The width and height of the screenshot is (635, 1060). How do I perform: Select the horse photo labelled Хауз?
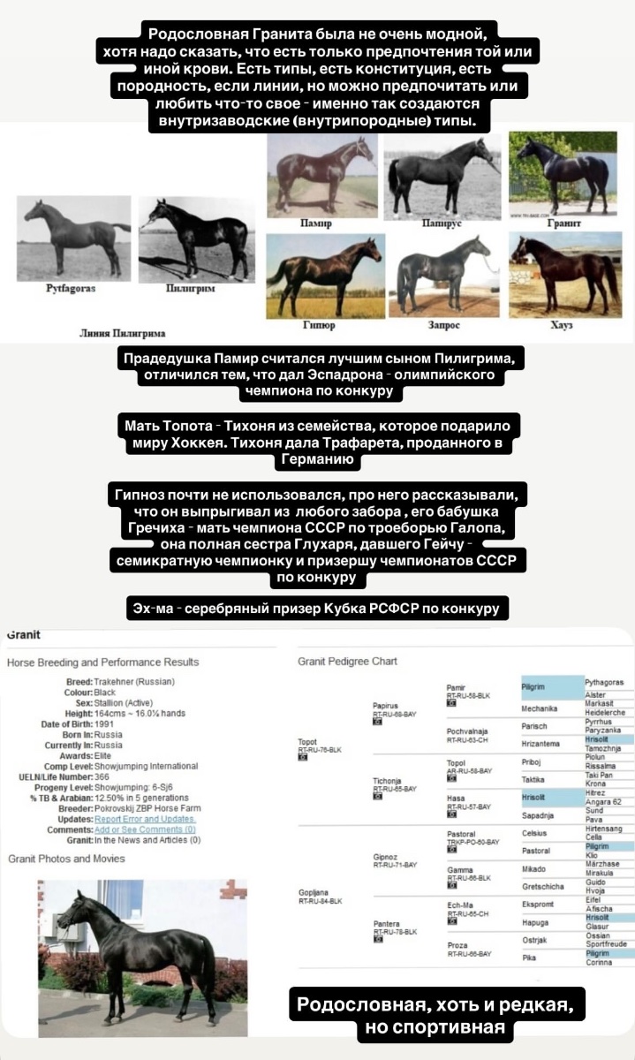tap(563, 275)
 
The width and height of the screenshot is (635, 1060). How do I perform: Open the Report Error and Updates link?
tap(145, 819)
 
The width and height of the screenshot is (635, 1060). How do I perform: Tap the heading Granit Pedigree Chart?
tap(347, 661)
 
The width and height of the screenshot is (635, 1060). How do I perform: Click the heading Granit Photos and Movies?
tap(66, 859)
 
